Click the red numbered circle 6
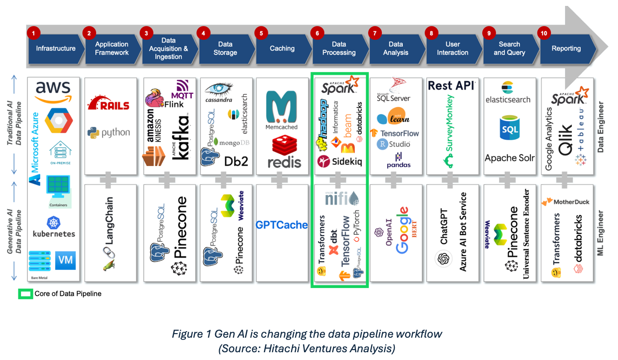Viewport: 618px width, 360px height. pyautogui.click(x=316, y=33)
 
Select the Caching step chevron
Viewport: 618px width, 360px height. pyautogui.click(x=282, y=49)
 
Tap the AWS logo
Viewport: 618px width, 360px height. pyautogui.click(x=53, y=92)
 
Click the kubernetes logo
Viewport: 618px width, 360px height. pyautogui.click(x=54, y=227)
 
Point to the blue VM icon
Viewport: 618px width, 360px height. pyautogui.click(x=65, y=260)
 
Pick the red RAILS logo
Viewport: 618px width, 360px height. pyautogui.click(x=108, y=104)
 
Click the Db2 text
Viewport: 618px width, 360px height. pyautogui.click(x=236, y=161)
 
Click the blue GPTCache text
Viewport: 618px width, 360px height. pyautogui.click(x=282, y=225)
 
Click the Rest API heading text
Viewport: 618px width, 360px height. pyautogui.click(x=452, y=86)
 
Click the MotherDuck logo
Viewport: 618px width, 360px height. pyautogui.click(x=565, y=201)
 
